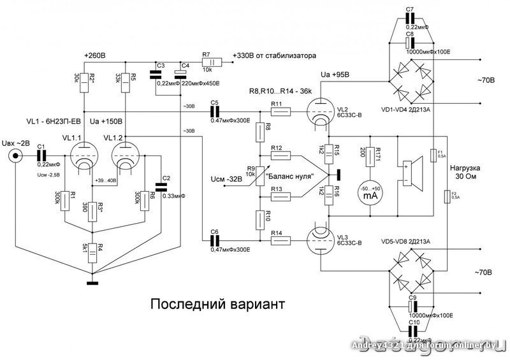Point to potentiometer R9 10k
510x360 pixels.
[x=259, y=173]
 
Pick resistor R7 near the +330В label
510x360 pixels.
[x=211, y=62]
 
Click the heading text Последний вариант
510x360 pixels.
[x=214, y=303]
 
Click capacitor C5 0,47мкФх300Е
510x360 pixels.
[x=215, y=112]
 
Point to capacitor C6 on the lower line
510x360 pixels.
[x=215, y=241]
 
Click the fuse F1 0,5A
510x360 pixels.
[x=433, y=155]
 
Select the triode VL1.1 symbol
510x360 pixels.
[x=82, y=156]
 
